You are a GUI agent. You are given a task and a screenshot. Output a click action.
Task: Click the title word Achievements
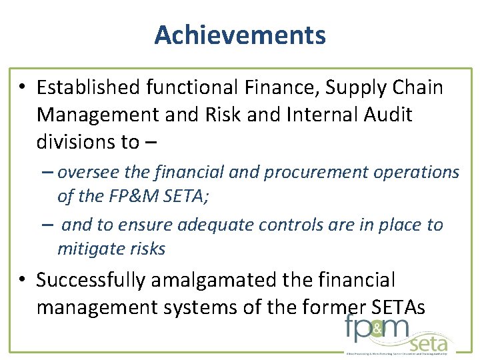tap(240, 35)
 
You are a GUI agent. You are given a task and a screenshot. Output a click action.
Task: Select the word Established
tap(89, 88)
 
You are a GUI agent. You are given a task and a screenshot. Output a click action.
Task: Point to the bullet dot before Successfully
tap(22, 281)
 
